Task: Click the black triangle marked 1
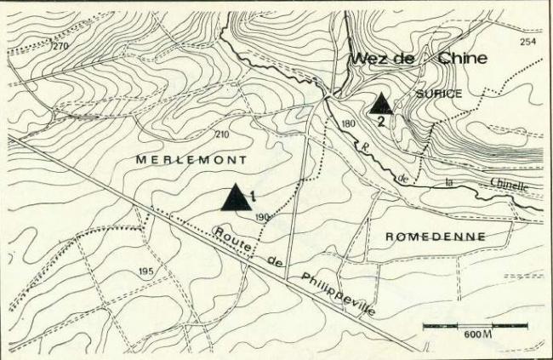pos(236,198)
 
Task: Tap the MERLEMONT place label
pos(191,160)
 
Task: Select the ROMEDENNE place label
pos(436,236)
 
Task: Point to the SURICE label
pos(438,94)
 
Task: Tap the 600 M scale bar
pos(475,326)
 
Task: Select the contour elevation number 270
pos(60,46)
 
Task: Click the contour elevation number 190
pos(261,218)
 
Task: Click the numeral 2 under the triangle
pos(382,121)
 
